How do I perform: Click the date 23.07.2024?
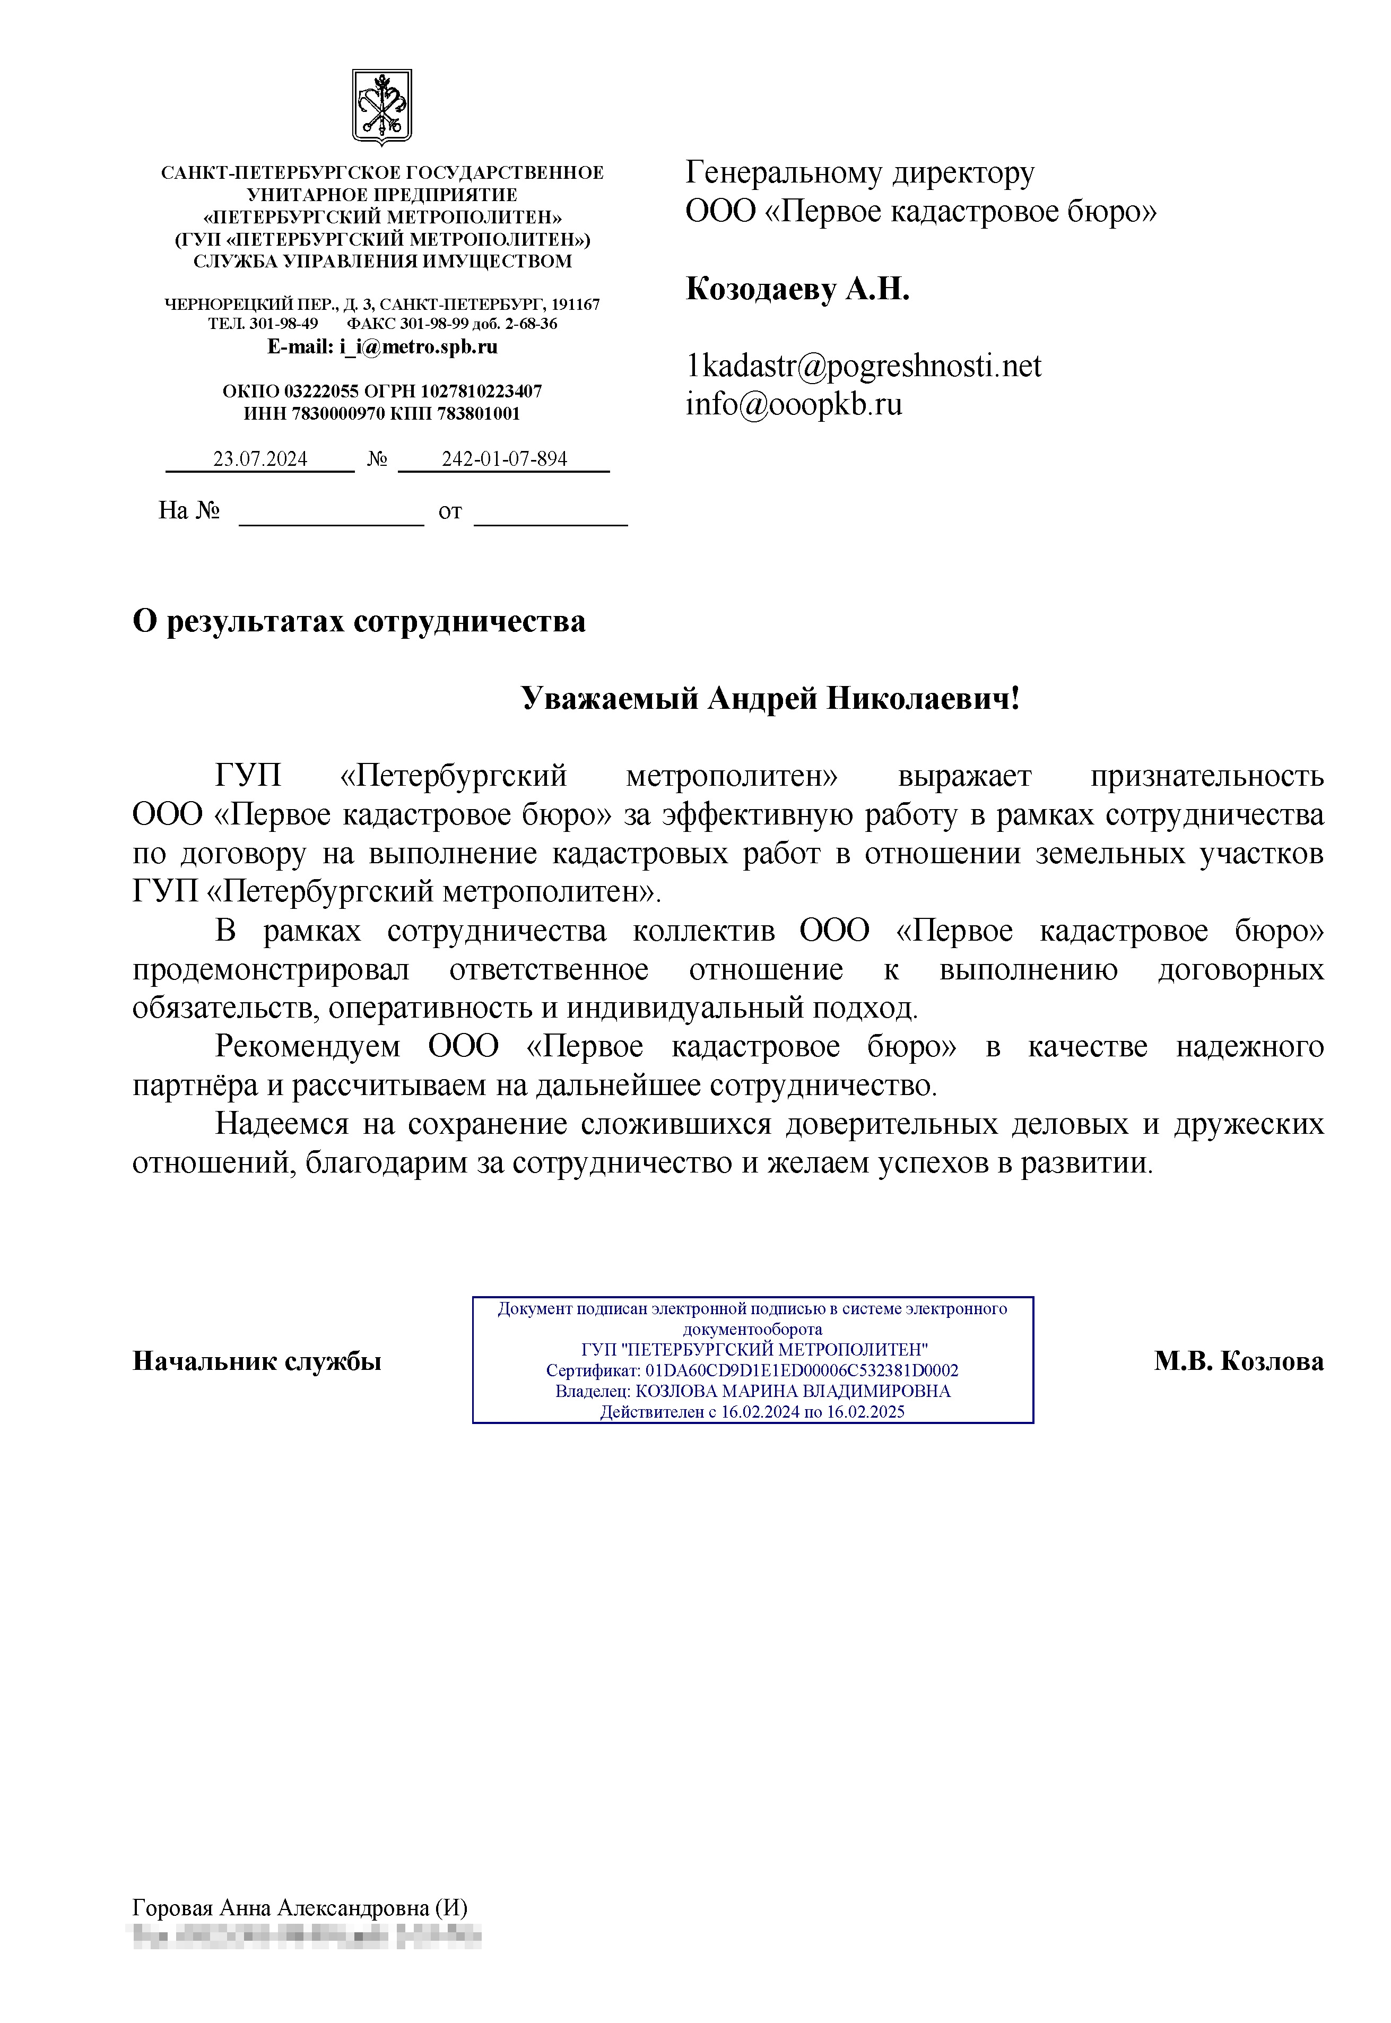click(x=260, y=459)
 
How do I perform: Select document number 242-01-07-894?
click(x=504, y=459)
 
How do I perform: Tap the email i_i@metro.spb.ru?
click(x=419, y=347)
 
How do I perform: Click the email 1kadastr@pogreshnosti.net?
click(x=863, y=366)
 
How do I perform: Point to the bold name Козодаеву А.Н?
click(x=797, y=289)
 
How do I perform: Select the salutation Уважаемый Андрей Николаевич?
click(x=770, y=698)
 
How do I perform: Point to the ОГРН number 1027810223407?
click(x=481, y=392)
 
